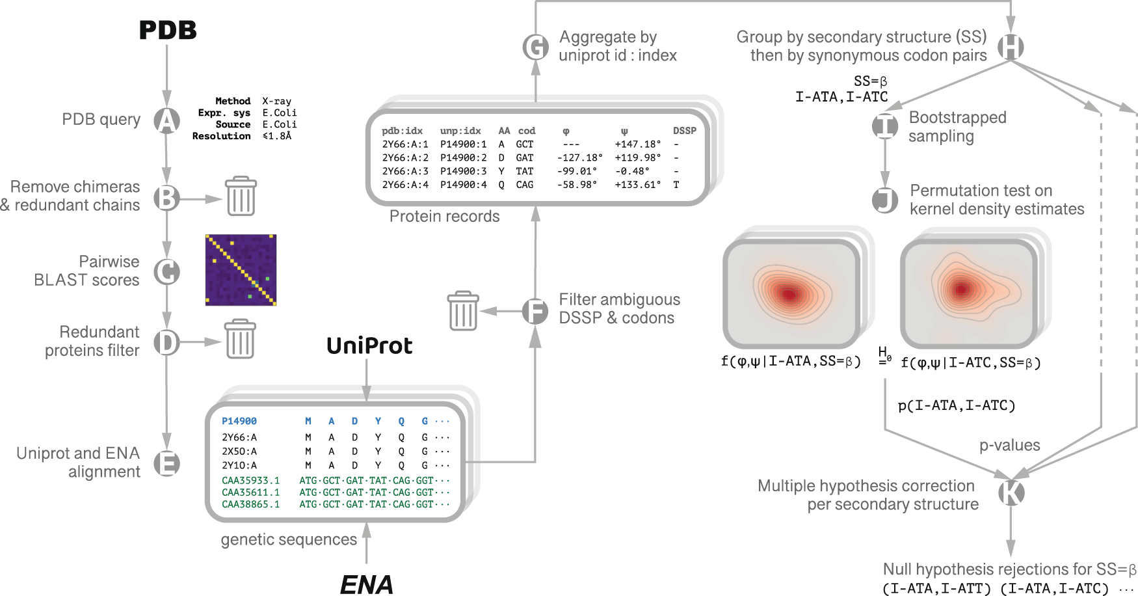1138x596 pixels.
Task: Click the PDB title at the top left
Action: tap(168, 30)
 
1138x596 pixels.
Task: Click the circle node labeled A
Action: tap(166, 120)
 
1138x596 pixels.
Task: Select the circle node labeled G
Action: tap(536, 47)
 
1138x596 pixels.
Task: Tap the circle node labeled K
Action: tap(1011, 493)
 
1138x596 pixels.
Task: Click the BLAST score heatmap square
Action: tap(241, 270)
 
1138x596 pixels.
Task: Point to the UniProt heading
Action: tap(369, 345)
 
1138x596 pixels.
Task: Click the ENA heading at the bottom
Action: tap(366, 584)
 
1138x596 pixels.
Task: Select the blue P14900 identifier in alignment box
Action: tap(239, 421)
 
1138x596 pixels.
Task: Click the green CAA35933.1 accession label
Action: tap(250, 480)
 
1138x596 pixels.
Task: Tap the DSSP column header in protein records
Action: tap(684, 131)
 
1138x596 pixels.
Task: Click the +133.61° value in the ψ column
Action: tap(637, 185)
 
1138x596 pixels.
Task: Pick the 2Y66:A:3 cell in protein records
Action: tap(405, 171)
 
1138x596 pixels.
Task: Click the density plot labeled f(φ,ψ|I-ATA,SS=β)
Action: tap(791, 294)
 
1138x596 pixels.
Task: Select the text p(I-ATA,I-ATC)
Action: tap(956, 406)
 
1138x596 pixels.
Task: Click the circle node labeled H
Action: tap(1011, 47)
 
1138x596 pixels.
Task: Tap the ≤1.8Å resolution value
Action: tap(277, 136)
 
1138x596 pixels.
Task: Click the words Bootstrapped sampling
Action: tap(957, 127)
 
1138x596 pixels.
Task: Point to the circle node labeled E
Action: tap(166, 463)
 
